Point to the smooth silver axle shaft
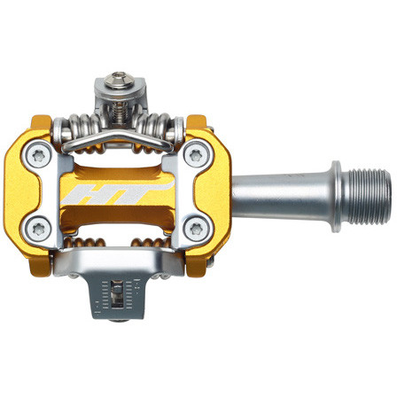tap(275, 190)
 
